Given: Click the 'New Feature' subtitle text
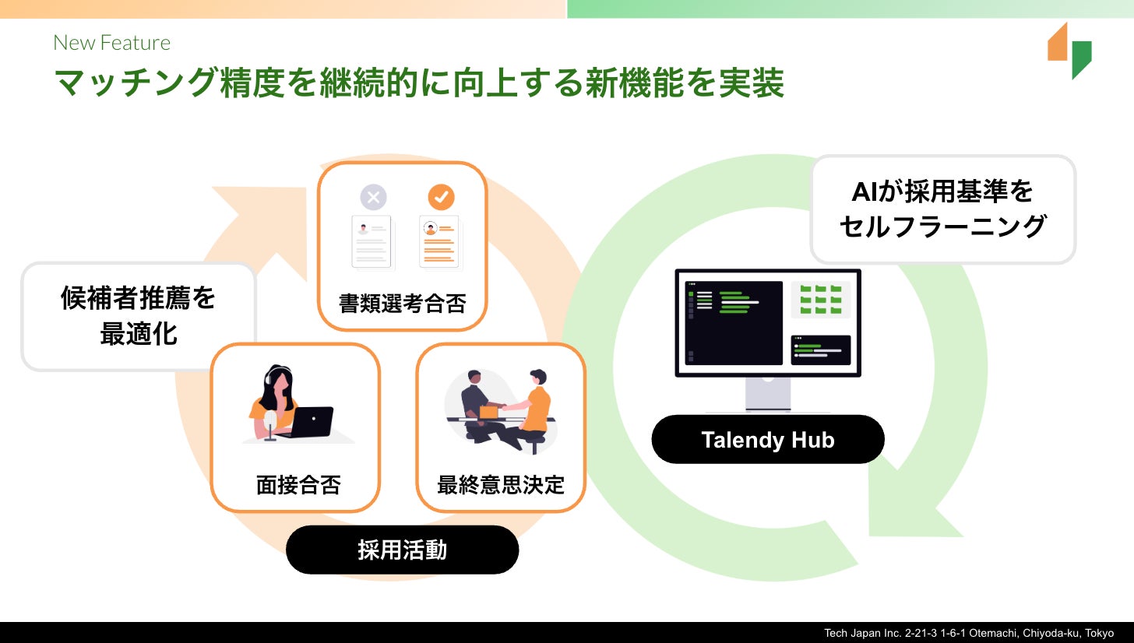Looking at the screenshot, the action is tap(112, 43).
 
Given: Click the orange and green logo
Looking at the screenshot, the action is tap(1069, 51).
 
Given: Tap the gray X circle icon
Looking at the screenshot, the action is tap(374, 197).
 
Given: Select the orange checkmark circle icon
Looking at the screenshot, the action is tap(441, 197).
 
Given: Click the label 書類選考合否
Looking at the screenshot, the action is tap(403, 304).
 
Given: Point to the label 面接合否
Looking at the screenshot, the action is tap(298, 485).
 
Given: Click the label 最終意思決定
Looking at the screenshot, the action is tap(501, 485).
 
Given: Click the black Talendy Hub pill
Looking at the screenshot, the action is tap(767, 439).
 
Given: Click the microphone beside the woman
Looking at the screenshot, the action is tap(270, 425).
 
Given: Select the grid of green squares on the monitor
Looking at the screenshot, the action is tap(821, 299).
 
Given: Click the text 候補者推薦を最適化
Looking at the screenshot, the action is tap(138, 316).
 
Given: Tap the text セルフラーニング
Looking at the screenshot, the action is tap(942, 226).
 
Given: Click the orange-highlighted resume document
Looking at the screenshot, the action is tap(439, 242).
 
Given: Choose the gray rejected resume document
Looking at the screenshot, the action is tap(372, 242).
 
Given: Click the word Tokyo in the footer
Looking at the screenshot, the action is tap(1099, 633).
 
